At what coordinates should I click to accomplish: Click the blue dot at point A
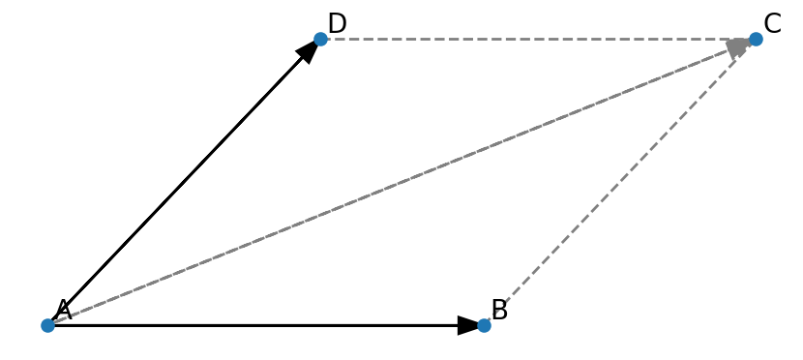47,325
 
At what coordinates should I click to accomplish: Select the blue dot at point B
484,325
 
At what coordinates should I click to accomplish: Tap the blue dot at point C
756,39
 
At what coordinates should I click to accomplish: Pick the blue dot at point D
320,39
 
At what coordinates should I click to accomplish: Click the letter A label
64,310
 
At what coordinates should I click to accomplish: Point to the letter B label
499,310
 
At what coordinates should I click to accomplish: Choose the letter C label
772,23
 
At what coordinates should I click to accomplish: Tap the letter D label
337,23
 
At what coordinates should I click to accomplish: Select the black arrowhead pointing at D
309,51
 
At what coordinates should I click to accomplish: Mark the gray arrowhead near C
739,47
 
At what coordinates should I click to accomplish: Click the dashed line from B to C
619,182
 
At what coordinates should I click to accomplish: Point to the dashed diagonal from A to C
401,182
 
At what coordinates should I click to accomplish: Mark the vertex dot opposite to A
756,39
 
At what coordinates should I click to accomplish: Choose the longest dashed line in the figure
401,182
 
